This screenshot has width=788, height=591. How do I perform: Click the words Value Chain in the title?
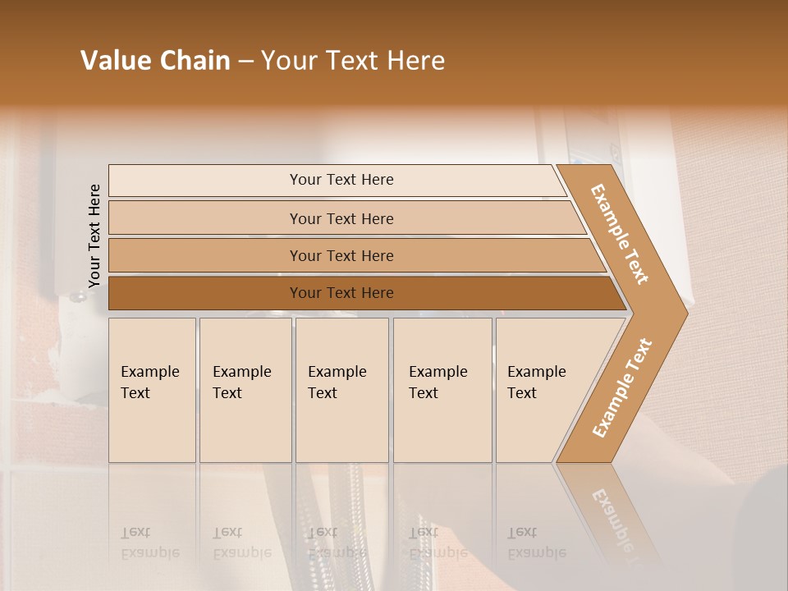pos(155,61)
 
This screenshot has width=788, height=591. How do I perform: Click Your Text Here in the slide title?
pos(353,61)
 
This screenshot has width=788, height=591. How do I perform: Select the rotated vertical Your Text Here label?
pos(94,236)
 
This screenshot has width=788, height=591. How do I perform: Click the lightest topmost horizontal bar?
pos(205,181)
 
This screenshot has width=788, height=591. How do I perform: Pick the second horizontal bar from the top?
pos(205,218)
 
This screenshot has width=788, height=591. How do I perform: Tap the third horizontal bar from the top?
pos(205,256)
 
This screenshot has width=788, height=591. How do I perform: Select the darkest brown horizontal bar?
pos(205,293)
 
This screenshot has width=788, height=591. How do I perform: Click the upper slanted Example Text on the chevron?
pos(620,234)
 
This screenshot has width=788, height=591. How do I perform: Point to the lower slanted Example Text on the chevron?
pos(622,387)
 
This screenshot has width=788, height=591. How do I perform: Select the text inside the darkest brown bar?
pos(341,293)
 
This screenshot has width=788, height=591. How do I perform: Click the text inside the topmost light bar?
pos(341,180)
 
